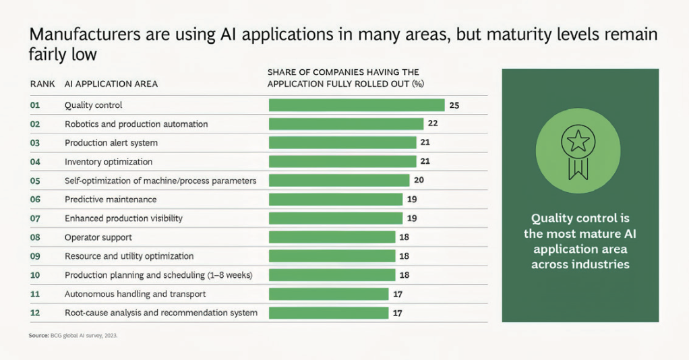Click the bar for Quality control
[357, 105]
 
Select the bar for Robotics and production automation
[347, 124]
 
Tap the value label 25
[454, 105]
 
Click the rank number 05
[35, 181]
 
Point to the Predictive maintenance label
[111, 200]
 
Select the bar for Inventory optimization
[342, 161]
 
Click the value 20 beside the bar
[419, 180]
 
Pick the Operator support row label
[98, 237]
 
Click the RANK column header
[42, 84]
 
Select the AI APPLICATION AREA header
[111, 84]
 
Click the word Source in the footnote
[38, 335]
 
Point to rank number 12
[35, 313]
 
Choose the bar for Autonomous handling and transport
[329, 294]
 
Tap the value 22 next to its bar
[433, 123]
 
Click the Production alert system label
[111, 143]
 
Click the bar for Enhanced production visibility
[336, 218]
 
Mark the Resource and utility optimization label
[129, 256]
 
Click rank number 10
[35, 275]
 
